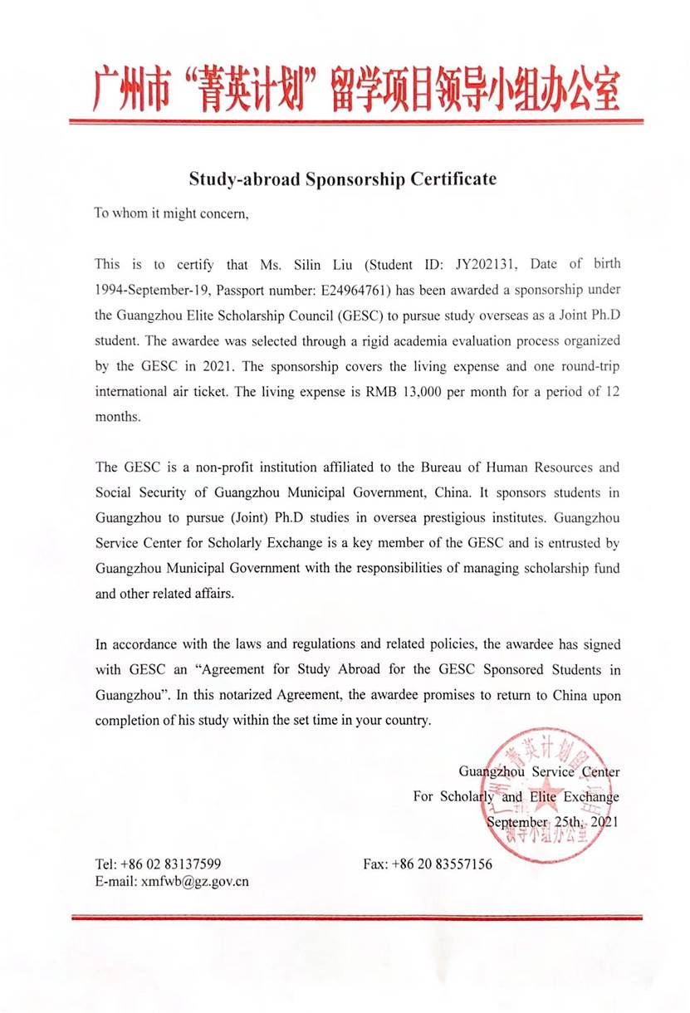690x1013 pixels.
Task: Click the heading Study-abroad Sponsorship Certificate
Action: [342, 179]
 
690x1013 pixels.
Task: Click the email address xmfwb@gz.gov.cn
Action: [194, 882]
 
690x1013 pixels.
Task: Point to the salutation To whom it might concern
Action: [171, 213]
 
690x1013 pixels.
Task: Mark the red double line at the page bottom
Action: [356, 918]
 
